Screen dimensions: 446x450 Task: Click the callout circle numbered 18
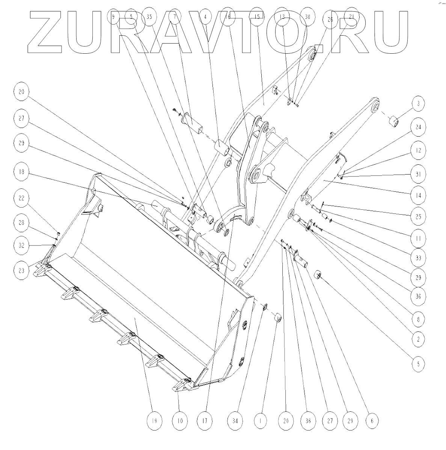[21, 172]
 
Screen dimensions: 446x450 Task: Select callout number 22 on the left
[21, 199]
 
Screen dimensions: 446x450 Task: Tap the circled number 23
[21, 269]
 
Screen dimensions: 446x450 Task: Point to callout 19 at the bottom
[154, 421]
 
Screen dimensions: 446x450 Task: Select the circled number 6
[372, 421]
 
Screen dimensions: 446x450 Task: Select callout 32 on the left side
[21, 245]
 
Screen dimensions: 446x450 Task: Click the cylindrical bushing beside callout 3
[393, 122]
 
